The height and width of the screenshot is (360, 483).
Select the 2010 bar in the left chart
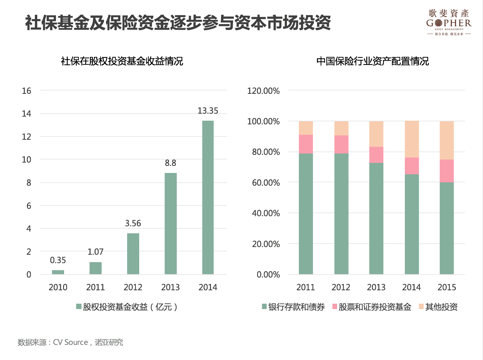coord(58,272)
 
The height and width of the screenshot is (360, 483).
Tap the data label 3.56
coord(133,223)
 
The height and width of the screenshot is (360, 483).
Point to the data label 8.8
coord(170,163)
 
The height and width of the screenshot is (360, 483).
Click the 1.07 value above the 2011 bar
coord(96,252)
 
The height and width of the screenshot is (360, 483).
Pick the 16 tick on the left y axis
coord(26,91)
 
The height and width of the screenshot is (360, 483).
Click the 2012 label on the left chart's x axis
coord(133,287)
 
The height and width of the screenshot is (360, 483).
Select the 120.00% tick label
coord(263,91)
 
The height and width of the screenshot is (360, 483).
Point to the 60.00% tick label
coord(266,183)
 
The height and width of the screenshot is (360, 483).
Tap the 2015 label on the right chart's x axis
coord(447,287)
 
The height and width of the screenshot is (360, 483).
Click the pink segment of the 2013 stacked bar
coord(376,155)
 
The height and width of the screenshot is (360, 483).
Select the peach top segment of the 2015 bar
coord(447,140)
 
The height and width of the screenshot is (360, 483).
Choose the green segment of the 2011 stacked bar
coord(306,214)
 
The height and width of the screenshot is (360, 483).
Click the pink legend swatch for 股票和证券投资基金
coord(335,306)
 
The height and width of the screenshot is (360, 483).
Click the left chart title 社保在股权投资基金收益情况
coord(122,61)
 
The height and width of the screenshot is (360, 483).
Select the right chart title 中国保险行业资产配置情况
coord(373,61)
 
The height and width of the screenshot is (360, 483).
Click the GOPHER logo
coord(449,23)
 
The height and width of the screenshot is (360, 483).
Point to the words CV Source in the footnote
coord(70,342)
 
